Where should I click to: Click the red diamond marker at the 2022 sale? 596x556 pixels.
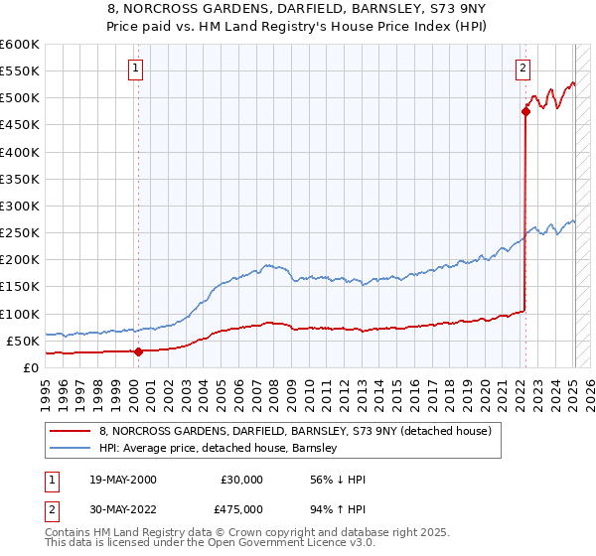pyautogui.click(x=525, y=112)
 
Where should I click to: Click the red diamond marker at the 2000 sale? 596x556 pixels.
pyautogui.click(x=138, y=350)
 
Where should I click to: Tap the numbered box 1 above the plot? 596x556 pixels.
pyautogui.click(x=135, y=69)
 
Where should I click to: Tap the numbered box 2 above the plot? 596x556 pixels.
pyautogui.click(x=522, y=69)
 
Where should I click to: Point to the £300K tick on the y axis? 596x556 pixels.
pyautogui.click(x=21, y=206)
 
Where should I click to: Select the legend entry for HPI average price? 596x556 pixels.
pyautogui.click(x=219, y=448)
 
